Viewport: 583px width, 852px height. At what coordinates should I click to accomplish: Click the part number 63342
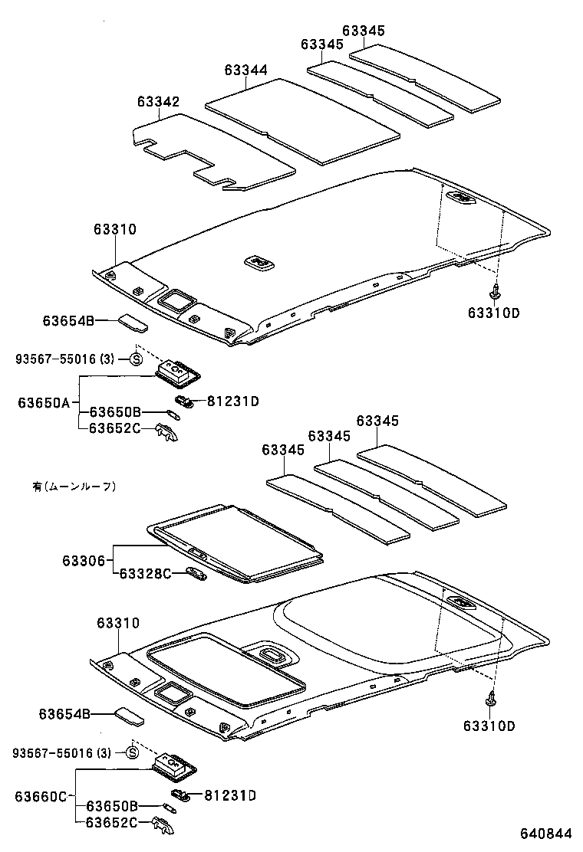158,102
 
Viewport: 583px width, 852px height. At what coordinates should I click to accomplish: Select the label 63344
245,70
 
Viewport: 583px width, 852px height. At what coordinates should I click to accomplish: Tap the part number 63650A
44,402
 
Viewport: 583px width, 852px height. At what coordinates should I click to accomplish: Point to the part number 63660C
41,796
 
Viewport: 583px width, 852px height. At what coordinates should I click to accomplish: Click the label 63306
84,561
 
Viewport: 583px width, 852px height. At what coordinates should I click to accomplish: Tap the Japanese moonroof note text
74,486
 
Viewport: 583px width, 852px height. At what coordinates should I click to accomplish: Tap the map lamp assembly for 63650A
177,375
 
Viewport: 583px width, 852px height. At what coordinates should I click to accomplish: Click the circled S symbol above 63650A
136,359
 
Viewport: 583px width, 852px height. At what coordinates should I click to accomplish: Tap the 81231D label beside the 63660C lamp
229,795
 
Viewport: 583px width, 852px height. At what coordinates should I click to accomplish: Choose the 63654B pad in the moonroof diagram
128,716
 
